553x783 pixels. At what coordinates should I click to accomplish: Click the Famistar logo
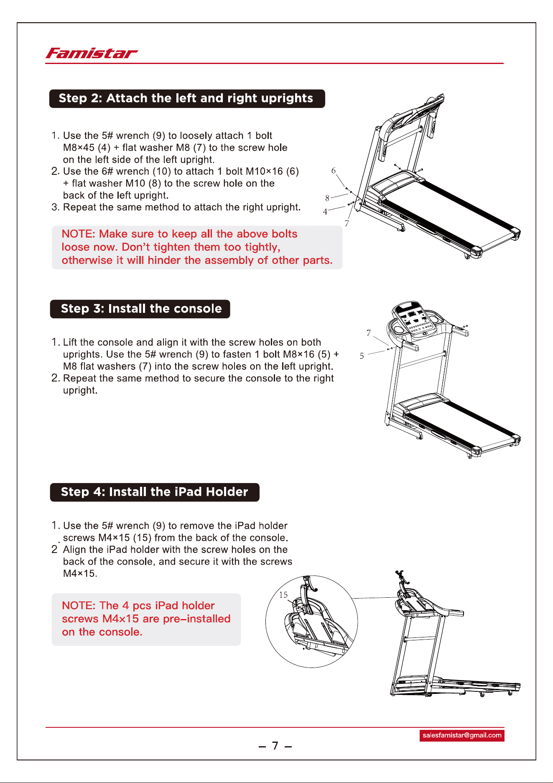tap(92, 54)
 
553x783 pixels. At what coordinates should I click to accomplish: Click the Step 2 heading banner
tap(187, 99)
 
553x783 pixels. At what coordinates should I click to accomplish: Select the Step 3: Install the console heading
tap(140, 309)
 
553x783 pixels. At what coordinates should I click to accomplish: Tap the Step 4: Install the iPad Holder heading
tap(155, 492)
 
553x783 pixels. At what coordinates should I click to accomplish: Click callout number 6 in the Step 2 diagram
tap(334, 171)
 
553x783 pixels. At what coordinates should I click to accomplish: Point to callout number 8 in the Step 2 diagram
tap(327, 198)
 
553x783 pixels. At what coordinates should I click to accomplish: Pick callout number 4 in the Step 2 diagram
tap(325, 212)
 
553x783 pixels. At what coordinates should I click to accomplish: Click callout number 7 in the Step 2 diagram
tap(347, 223)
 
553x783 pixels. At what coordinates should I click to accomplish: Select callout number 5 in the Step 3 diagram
tap(362, 356)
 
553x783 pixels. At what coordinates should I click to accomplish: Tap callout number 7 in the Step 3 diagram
tap(369, 333)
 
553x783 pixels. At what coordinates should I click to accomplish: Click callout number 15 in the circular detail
tap(283, 595)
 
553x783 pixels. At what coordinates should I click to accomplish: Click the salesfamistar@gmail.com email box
tap(462, 735)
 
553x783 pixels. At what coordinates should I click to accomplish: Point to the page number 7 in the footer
tap(275, 746)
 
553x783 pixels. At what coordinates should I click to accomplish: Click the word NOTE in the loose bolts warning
tap(78, 234)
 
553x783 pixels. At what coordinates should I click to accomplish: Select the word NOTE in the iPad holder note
tap(78, 606)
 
